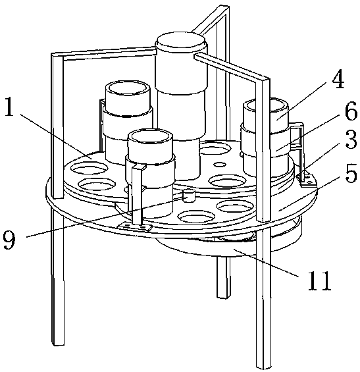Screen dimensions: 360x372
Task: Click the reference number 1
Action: pyautogui.click(x=9, y=107)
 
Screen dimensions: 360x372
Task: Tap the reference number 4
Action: pyautogui.click(x=338, y=79)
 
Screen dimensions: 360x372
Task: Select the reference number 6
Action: pyautogui.click(x=351, y=111)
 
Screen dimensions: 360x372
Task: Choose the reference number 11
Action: pyautogui.click(x=319, y=280)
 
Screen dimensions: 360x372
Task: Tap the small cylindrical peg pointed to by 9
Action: pyautogui.click(x=188, y=196)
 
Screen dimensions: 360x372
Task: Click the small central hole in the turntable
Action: pyautogui.click(x=220, y=164)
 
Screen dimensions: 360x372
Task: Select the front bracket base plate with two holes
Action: pyautogui.click(x=134, y=226)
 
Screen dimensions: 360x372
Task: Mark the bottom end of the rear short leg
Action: pyautogui.click(x=224, y=297)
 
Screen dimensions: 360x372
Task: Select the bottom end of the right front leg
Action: pyautogui.click(x=264, y=367)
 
